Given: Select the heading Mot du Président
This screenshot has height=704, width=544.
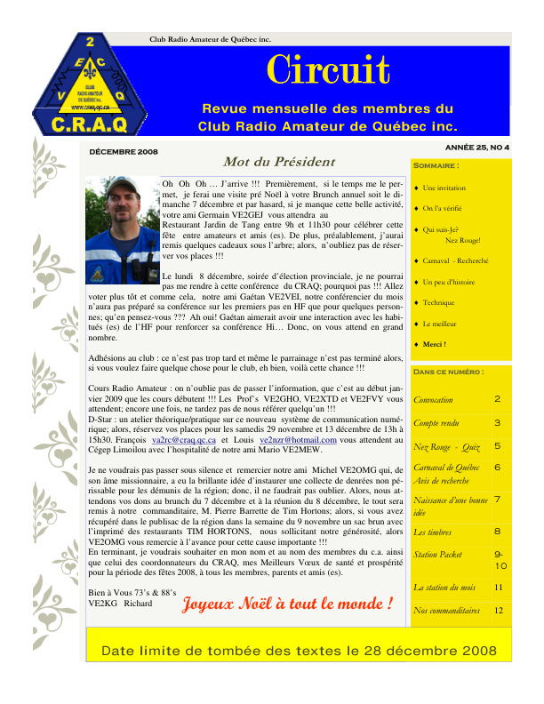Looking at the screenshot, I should click(267, 163).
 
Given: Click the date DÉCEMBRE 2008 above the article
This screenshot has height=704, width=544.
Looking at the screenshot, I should click(124, 152).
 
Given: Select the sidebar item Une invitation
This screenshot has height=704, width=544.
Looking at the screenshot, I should click(444, 188).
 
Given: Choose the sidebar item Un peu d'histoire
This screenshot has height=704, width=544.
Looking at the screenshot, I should click(449, 282).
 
